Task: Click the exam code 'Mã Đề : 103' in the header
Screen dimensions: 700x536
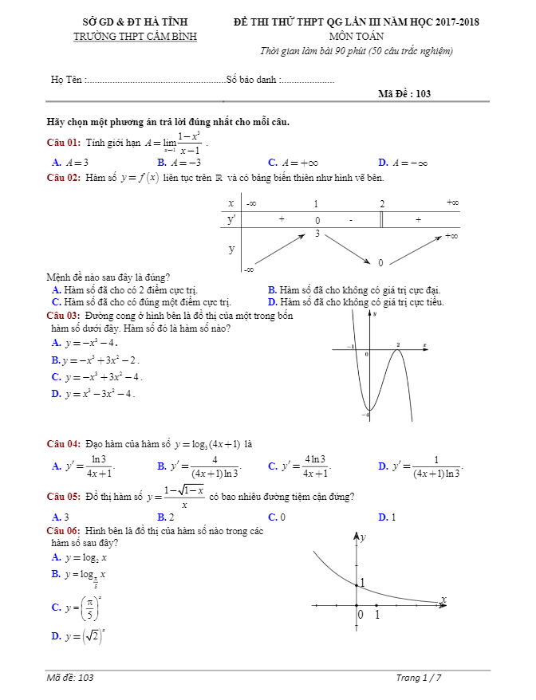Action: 404,93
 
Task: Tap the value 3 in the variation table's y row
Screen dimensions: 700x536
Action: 317,234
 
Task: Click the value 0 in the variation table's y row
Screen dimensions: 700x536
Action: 380,262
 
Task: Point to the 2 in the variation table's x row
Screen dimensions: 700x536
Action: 382,203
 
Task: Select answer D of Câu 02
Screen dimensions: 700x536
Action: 356,302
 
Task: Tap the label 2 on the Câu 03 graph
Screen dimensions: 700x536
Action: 398,344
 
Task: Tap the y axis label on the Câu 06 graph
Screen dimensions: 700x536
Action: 363,538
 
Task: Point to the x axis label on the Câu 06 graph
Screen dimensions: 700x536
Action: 443,599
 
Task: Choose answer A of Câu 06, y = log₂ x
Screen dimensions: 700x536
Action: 79,557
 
